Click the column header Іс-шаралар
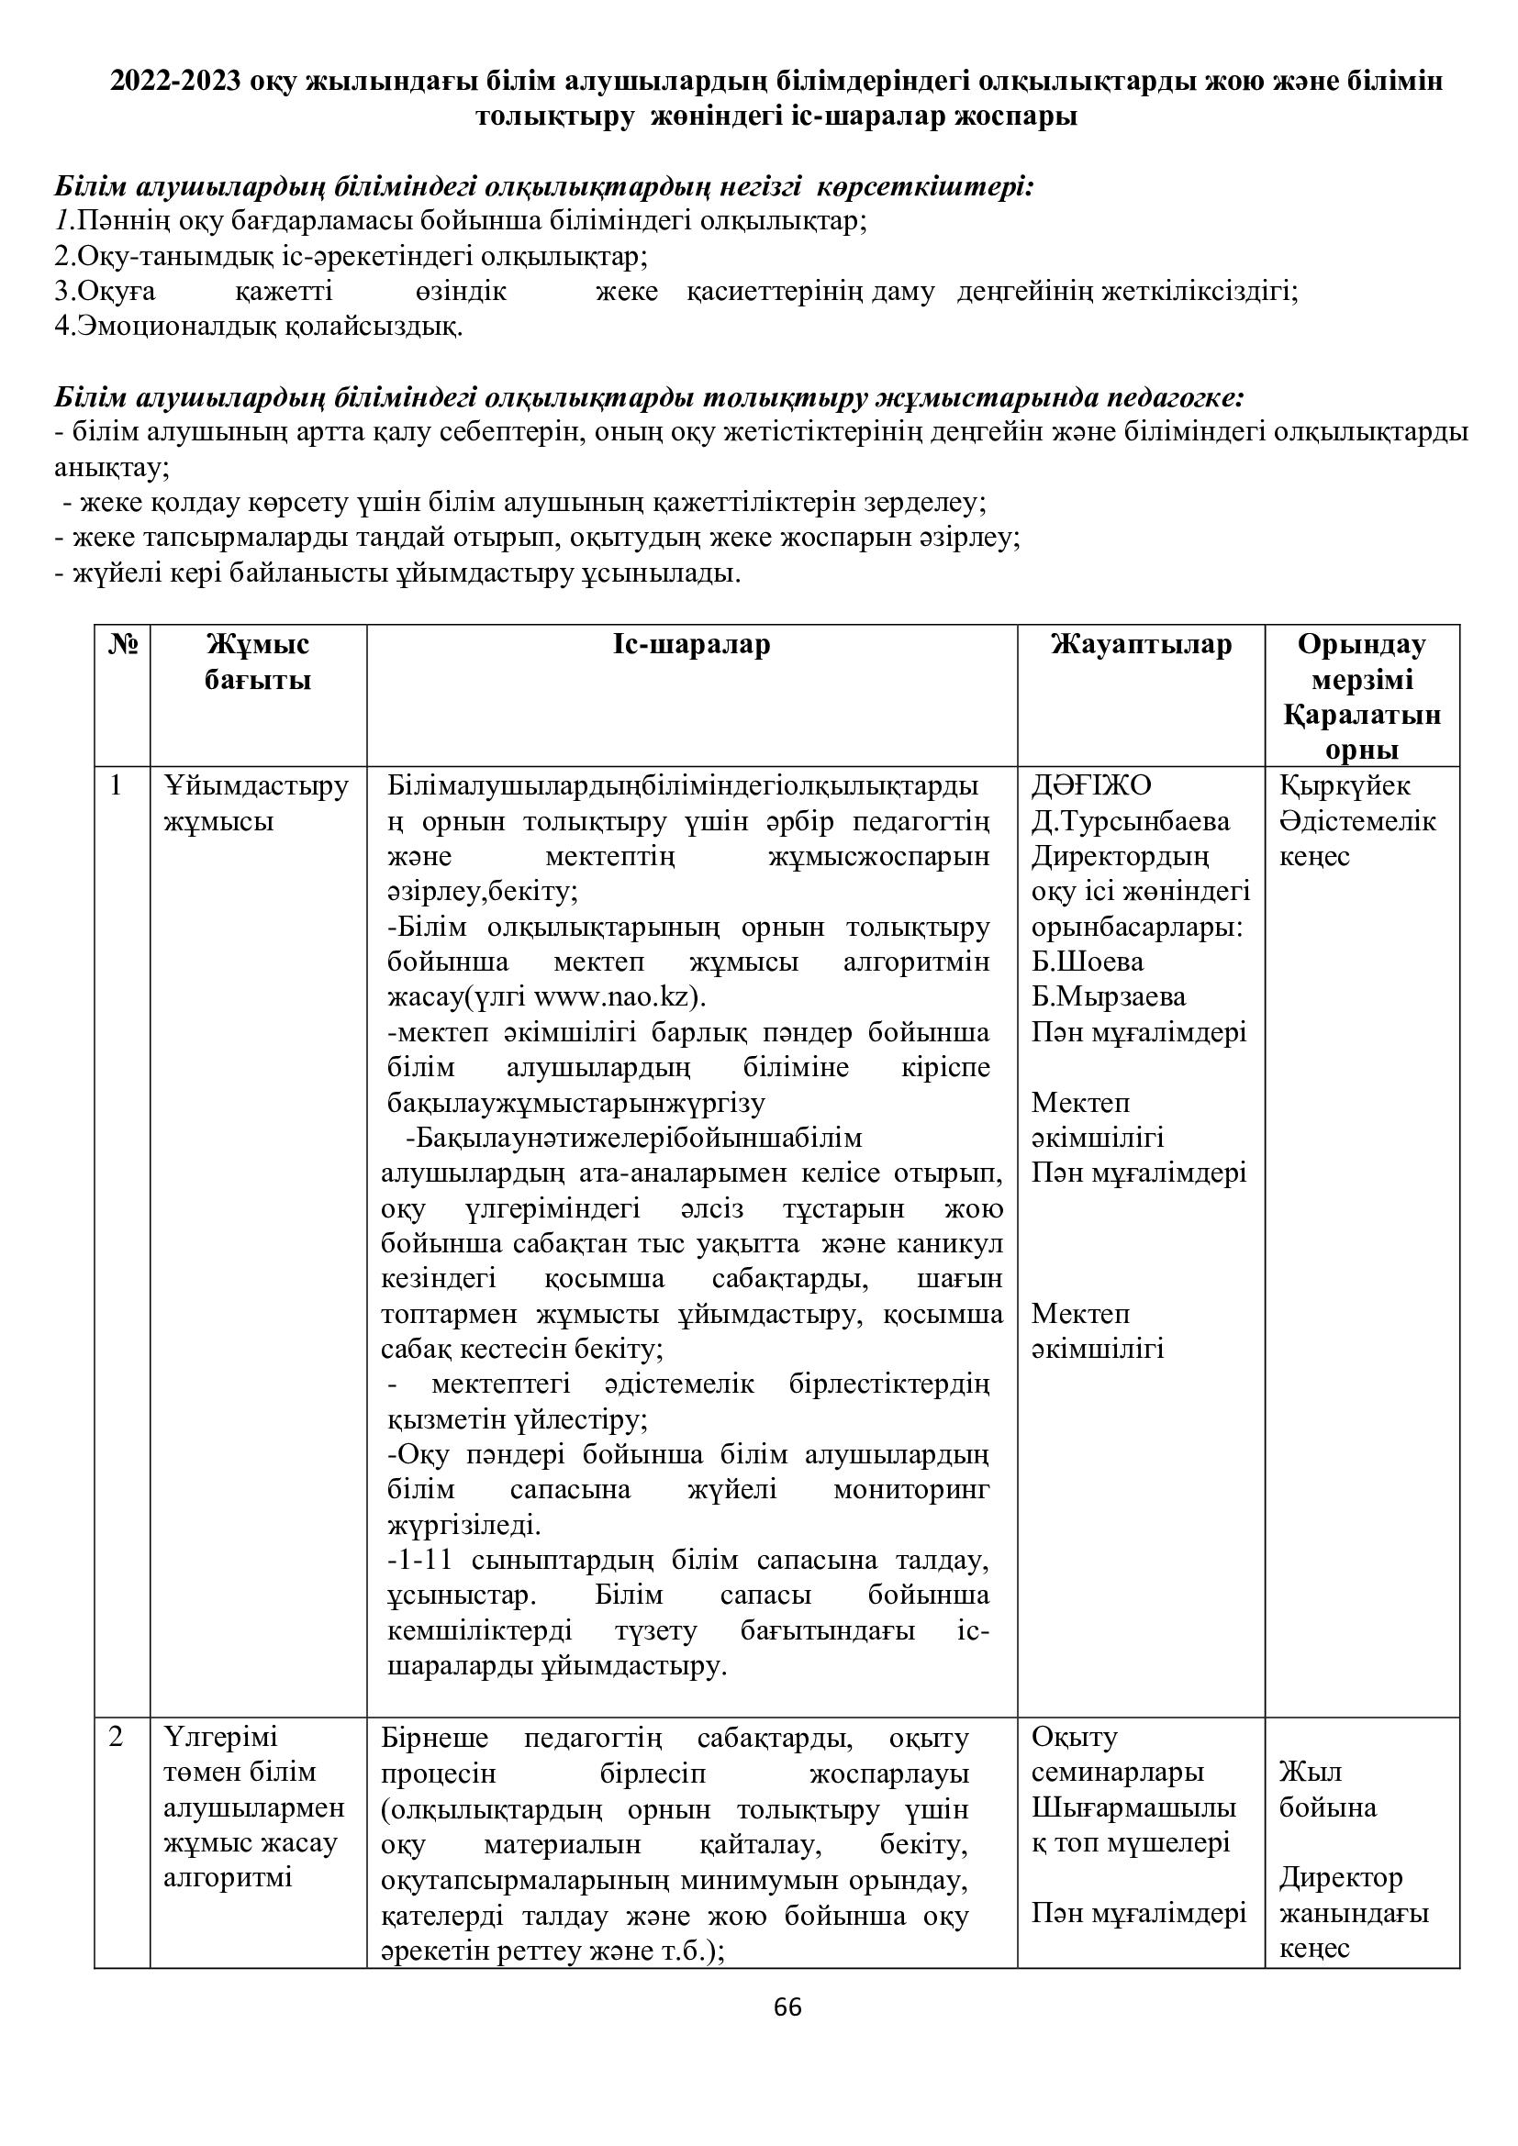click(692, 645)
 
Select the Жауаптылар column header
click(1142, 645)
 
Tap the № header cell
click(122, 645)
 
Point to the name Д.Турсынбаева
click(1130, 821)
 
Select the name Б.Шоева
click(1087, 962)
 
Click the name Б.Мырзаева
click(1109, 996)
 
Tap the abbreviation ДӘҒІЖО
click(1092, 786)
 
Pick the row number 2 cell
click(116, 1738)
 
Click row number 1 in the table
click(116, 786)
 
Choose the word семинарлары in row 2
click(1117, 1773)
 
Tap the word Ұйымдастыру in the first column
click(256, 786)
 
